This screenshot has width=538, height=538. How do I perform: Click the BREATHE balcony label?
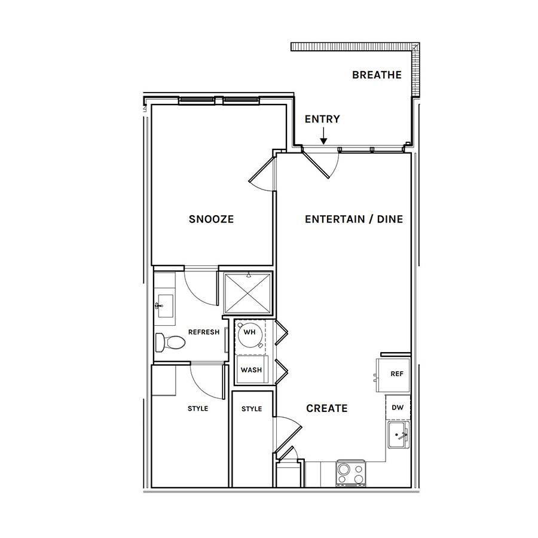click(x=377, y=75)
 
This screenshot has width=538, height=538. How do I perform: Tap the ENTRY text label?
click(x=322, y=119)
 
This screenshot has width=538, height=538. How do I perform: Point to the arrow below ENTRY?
click(x=323, y=136)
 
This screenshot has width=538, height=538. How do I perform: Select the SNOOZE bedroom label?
click(x=211, y=219)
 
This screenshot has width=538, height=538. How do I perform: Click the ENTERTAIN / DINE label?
click(x=354, y=219)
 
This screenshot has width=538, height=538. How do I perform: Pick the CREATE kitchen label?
click(x=326, y=408)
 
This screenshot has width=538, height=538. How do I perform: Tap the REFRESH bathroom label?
click(x=204, y=332)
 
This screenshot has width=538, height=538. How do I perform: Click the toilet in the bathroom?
click(x=170, y=342)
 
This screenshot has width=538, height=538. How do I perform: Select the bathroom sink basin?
click(x=165, y=305)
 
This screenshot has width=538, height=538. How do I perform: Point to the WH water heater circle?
click(x=249, y=334)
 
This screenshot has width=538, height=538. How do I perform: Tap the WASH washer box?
click(x=252, y=369)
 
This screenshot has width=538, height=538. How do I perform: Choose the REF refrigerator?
click(x=393, y=375)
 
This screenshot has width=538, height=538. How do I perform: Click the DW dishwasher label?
click(x=398, y=408)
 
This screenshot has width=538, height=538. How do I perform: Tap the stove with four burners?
click(x=351, y=474)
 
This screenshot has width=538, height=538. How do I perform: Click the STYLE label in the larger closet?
click(x=198, y=408)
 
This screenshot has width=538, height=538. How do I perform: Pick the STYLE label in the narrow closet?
click(x=252, y=409)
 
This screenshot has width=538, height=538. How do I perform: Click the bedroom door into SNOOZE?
click(x=262, y=174)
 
